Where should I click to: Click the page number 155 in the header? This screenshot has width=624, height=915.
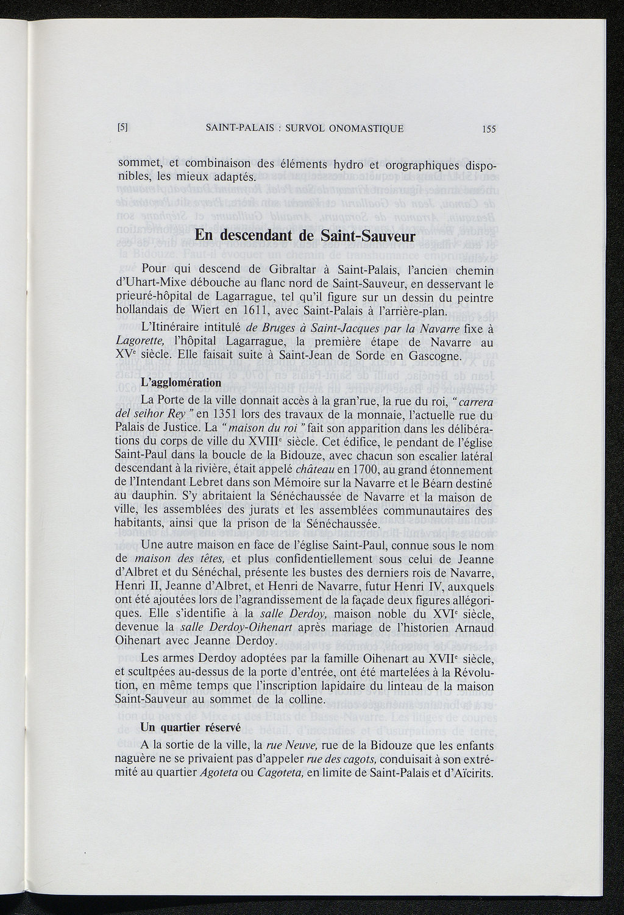click(489, 129)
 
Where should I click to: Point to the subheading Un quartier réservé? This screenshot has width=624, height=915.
click(182, 727)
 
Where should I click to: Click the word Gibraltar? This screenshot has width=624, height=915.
click(294, 269)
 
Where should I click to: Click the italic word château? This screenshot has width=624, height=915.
click(310, 470)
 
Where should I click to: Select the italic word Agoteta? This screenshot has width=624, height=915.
click(218, 774)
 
